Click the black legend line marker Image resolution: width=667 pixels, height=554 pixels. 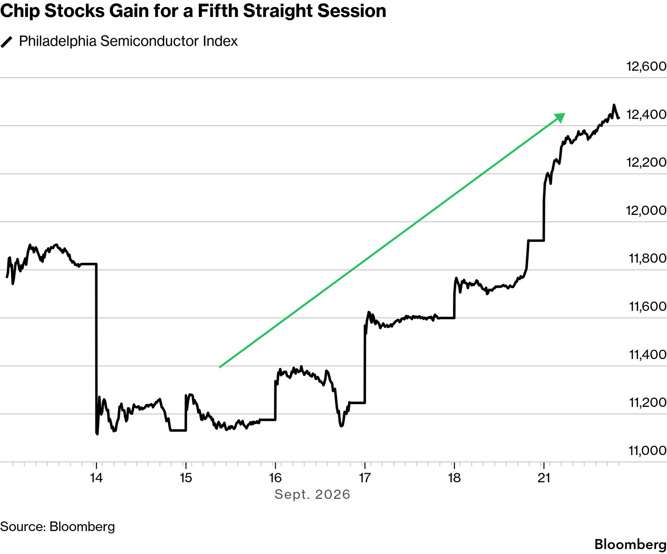point(6,42)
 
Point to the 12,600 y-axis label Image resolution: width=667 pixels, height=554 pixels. point(646,66)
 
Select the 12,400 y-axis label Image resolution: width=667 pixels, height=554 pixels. point(646,114)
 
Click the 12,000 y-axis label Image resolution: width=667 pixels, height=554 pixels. point(646,210)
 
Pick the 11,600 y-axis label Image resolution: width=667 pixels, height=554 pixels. point(648,306)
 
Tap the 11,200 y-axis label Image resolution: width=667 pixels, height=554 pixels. point(648,403)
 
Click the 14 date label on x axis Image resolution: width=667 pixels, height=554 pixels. point(96,478)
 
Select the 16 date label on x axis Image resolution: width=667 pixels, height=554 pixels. point(275,478)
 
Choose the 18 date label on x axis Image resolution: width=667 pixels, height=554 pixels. point(454,478)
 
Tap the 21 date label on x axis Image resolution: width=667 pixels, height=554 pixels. point(544,478)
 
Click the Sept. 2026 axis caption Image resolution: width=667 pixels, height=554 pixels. point(312,494)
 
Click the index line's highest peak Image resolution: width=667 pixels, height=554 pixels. point(614,105)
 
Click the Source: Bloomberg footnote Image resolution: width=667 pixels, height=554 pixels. point(58,527)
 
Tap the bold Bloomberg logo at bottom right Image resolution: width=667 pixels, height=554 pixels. point(630,544)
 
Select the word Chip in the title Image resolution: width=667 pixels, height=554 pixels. point(20,11)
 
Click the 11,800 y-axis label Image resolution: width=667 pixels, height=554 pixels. point(648,259)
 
